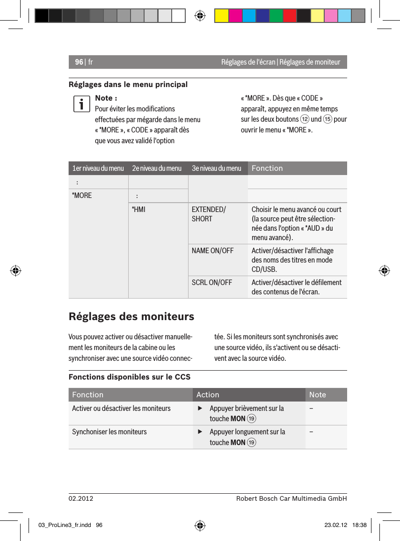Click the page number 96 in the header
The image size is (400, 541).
point(79,62)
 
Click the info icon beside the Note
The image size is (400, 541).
point(81,104)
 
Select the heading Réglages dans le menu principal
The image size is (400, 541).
point(128,85)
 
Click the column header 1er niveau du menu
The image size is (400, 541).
point(98,168)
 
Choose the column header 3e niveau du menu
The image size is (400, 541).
point(217,168)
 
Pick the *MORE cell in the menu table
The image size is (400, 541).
point(82,195)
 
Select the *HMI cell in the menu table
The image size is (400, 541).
point(138,209)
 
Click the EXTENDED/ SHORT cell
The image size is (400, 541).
point(209,214)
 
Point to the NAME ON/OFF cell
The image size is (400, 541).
point(212,250)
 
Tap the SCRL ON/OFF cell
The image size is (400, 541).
point(211,282)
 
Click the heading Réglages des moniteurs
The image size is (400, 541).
point(131,316)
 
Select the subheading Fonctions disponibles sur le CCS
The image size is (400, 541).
point(130,377)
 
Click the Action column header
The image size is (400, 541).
point(208,395)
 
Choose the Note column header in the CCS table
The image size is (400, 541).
point(317,395)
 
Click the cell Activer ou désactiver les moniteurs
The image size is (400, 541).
point(121,408)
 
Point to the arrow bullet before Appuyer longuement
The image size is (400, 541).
point(200,432)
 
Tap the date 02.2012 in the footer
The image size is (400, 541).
point(81,498)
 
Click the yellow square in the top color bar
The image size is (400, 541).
point(221,15)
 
